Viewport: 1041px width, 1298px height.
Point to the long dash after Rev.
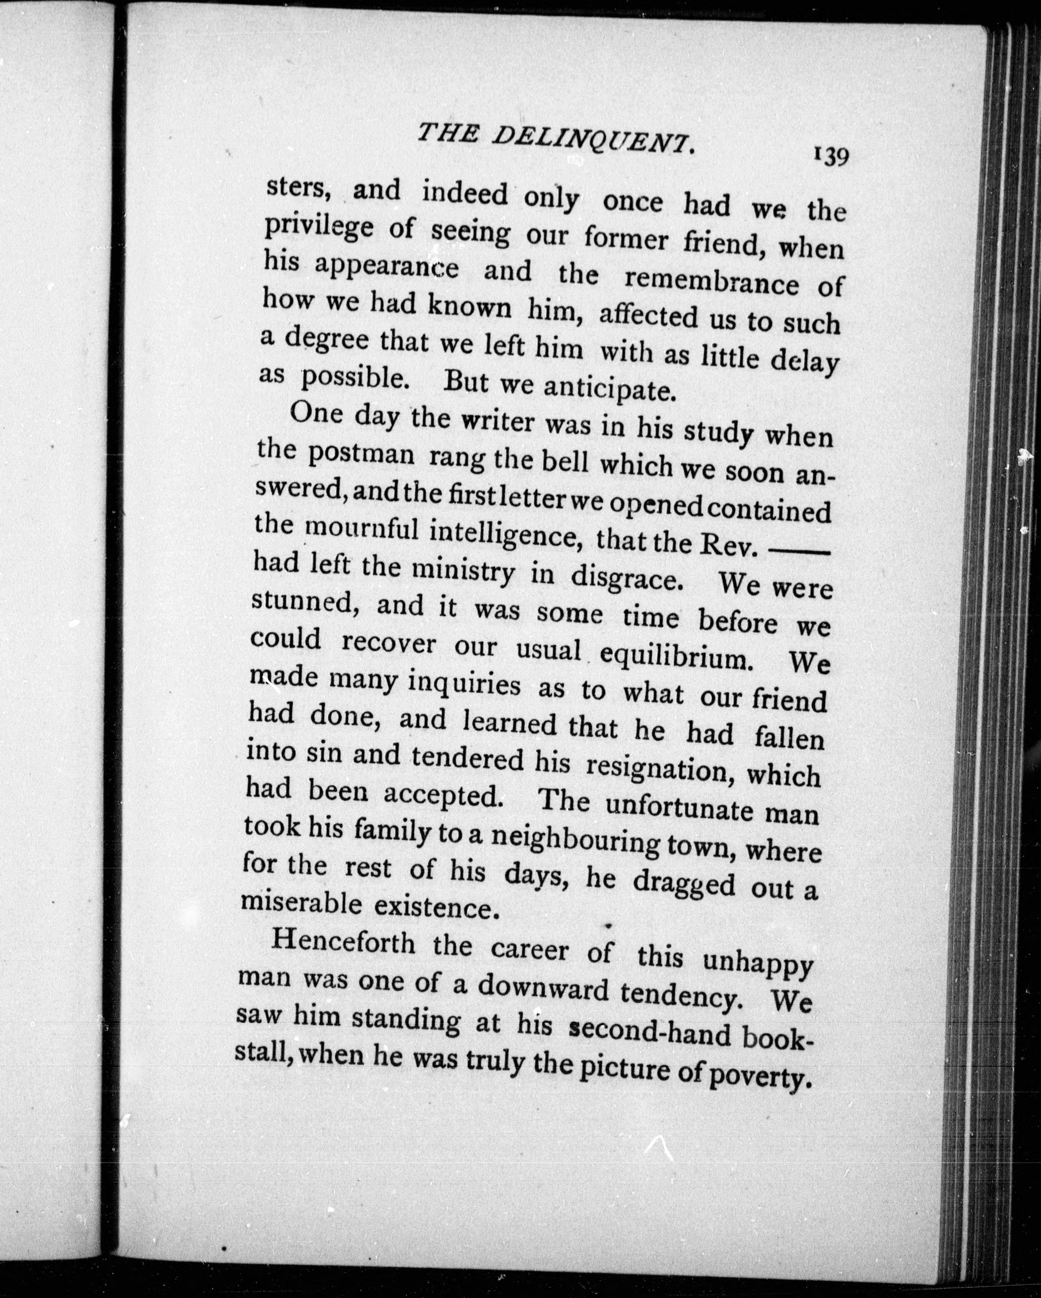801,551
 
